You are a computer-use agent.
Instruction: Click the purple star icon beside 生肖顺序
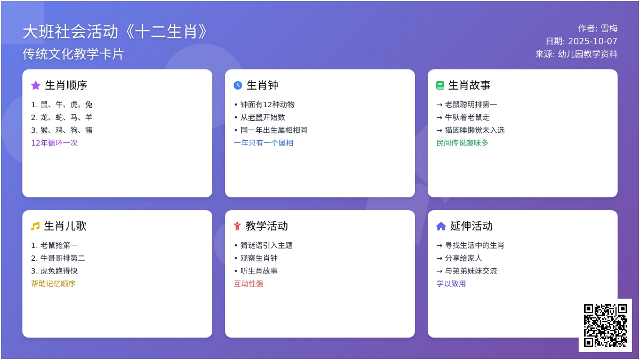point(36,85)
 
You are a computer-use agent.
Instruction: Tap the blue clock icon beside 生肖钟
point(238,85)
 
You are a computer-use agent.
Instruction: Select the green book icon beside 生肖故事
point(440,85)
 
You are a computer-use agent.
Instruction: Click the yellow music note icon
point(35,226)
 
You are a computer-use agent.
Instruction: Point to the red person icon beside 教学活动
point(237,226)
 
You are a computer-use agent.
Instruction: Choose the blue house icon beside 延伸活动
point(441,226)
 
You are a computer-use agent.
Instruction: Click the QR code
point(605,325)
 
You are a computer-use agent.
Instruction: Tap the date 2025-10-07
point(593,42)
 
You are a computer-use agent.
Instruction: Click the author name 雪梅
point(609,29)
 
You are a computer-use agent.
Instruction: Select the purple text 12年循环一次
point(54,143)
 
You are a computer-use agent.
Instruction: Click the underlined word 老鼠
point(255,117)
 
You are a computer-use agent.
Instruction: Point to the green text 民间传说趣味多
point(462,143)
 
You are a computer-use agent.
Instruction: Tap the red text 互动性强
point(249,284)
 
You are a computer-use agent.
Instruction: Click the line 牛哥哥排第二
point(58,258)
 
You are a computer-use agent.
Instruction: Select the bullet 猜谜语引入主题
point(263,245)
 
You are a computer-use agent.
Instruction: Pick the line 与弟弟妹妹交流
point(467,271)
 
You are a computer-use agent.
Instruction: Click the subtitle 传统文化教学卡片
point(73,54)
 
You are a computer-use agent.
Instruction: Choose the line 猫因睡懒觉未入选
point(470,130)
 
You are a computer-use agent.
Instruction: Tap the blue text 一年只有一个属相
point(263,143)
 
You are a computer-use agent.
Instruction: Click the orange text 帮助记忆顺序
point(53,284)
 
